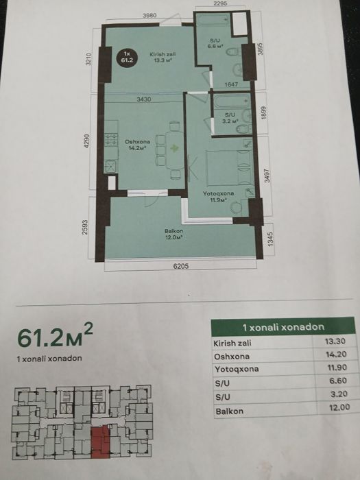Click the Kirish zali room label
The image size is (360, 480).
coord(163,54)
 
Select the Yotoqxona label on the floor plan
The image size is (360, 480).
coord(218,193)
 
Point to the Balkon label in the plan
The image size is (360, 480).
coord(173,231)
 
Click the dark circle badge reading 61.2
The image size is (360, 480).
coord(127,58)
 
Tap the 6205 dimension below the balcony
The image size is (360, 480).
coord(180,266)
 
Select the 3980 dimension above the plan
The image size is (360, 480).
coord(149,15)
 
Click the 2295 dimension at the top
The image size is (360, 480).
coord(220,3)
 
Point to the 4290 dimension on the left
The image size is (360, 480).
coord(87,141)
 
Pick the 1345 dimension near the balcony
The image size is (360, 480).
coord(270,239)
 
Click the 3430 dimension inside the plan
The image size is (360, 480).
coord(144,99)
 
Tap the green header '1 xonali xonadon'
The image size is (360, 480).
coord(283,327)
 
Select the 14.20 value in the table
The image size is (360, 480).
coord(337,355)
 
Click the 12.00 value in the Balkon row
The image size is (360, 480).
coord(340,407)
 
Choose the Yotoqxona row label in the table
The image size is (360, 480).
coord(237,369)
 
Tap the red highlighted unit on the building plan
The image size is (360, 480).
coord(100,442)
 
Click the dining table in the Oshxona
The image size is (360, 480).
coord(174,150)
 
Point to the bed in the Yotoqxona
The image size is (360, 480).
coord(229,167)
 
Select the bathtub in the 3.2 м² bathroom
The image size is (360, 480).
coord(232,101)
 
